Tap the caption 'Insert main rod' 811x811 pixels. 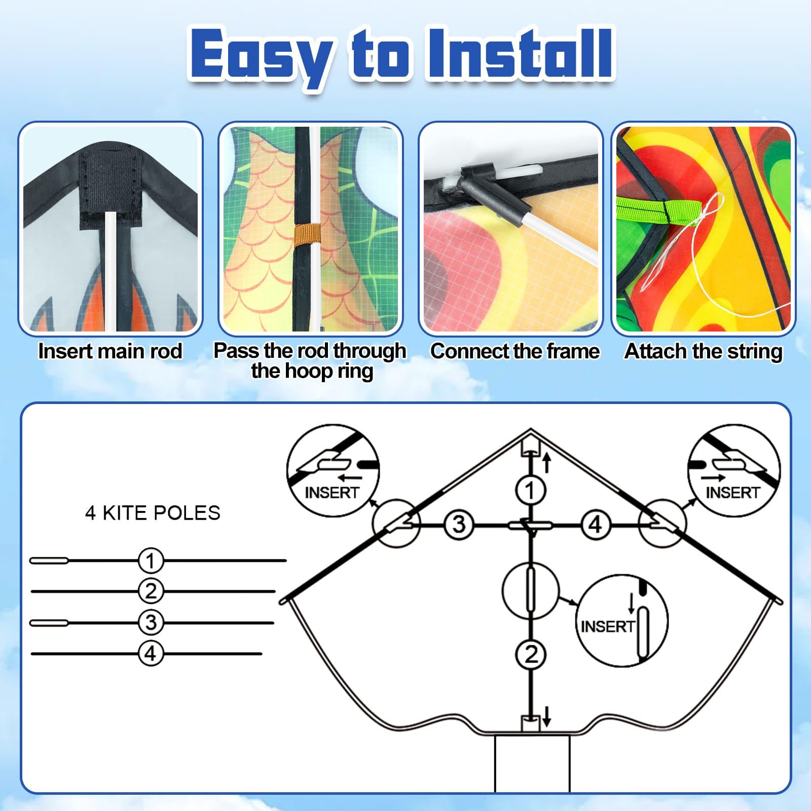pyautogui.click(x=110, y=351)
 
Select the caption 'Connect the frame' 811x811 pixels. pyautogui.click(x=515, y=351)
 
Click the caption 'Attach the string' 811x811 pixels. pyautogui.click(x=704, y=351)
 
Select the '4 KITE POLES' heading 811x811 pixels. pyautogui.click(x=153, y=513)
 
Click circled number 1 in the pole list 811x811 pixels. pyautogui.click(x=151, y=561)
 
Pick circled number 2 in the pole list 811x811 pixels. pyautogui.click(x=151, y=591)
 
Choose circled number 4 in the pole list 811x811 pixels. pyautogui.click(x=151, y=653)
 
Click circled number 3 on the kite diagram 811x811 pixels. pyautogui.click(x=459, y=525)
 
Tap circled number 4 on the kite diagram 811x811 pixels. pyautogui.click(x=596, y=525)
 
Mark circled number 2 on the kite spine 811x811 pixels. pyautogui.click(x=530, y=654)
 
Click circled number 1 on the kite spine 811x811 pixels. pyautogui.click(x=530, y=490)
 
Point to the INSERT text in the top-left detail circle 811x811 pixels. pyautogui.click(x=332, y=492)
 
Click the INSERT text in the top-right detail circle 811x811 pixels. pyautogui.click(x=732, y=492)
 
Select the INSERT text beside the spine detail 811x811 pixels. pyautogui.click(x=607, y=626)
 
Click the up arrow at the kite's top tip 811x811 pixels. pyautogui.click(x=546, y=462)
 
